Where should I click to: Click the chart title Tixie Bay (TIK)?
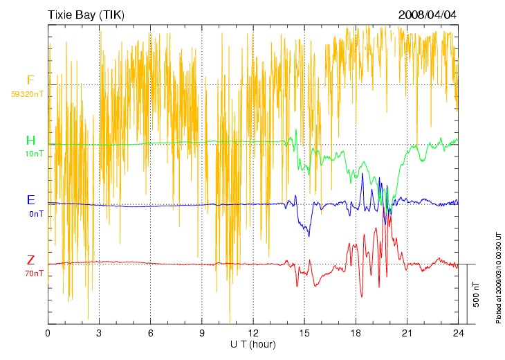(x=86, y=15)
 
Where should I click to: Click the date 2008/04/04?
(x=428, y=15)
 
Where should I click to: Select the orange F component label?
(x=30, y=80)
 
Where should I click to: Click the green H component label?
(x=30, y=141)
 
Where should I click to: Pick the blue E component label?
(x=30, y=200)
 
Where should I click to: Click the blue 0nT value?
(x=36, y=214)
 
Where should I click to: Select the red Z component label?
(x=30, y=260)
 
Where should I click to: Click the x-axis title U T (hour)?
(x=253, y=344)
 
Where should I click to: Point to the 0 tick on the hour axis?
(x=48, y=333)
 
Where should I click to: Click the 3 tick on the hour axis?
(x=99, y=333)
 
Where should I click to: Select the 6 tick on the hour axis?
(x=150, y=333)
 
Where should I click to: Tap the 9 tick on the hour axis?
(x=202, y=333)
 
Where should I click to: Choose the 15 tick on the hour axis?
(x=304, y=333)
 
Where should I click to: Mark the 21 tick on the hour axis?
(x=407, y=333)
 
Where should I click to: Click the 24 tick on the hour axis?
(x=458, y=333)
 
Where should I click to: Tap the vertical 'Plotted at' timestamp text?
(x=498, y=277)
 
